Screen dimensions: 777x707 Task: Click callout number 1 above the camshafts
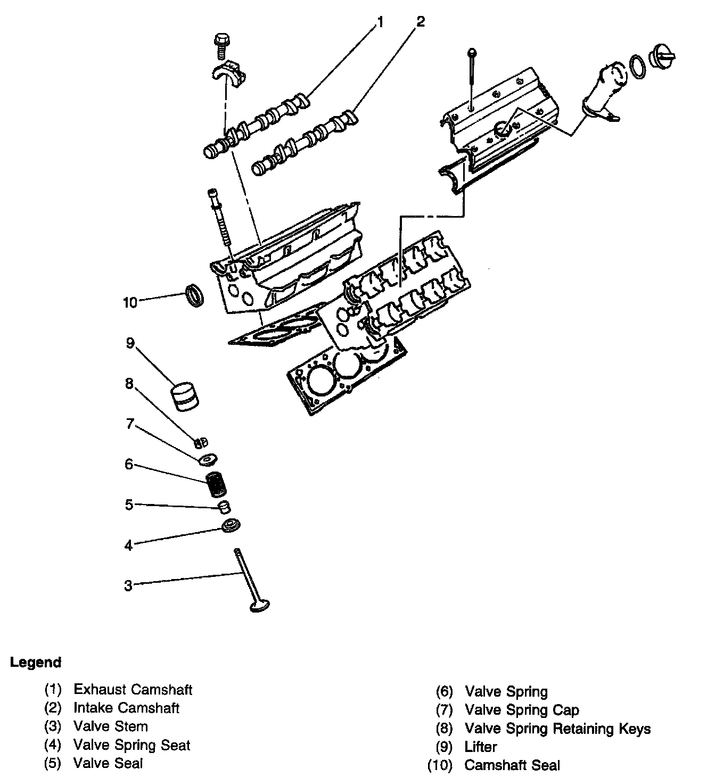380,22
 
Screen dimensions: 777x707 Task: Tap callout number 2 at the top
421,22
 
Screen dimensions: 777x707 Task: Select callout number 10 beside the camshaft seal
130,302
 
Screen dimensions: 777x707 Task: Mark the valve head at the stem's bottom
259,606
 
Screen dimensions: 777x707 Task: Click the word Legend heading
36,663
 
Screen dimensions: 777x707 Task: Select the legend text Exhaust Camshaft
133,690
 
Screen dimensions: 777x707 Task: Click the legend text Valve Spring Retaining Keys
557,729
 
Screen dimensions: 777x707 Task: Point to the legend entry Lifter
480,747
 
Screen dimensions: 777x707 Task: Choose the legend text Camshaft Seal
512,765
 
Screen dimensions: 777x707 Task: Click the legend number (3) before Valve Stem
53,726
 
